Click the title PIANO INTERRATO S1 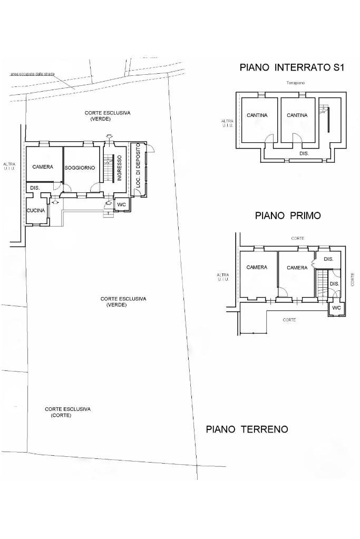point(291,67)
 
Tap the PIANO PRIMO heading point(288,215)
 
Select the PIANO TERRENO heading point(247,429)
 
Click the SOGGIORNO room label point(80,168)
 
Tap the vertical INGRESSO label point(120,168)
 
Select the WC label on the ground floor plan point(121,204)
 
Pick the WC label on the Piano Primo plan point(336,308)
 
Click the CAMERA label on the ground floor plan point(43,167)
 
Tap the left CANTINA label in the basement point(257,115)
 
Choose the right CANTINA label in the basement point(297,115)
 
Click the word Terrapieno point(296,83)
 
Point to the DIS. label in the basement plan point(304,153)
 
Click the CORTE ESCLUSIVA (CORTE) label point(67,412)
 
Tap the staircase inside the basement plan point(324,111)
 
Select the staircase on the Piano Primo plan point(322,285)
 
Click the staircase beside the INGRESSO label point(109,168)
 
